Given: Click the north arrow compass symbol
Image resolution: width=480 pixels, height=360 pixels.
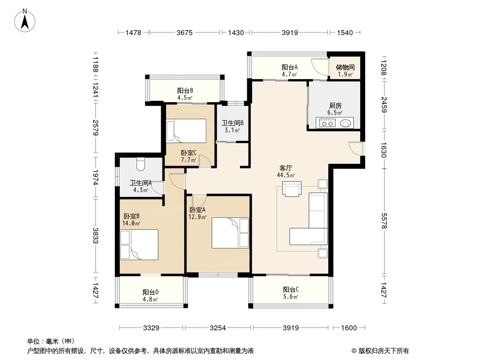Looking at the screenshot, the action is pyautogui.click(x=25, y=20).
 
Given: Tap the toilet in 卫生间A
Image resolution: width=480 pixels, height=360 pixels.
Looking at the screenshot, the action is pyautogui.click(x=140, y=164).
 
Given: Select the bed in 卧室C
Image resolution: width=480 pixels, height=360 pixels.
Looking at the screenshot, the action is pyautogui.click(x=186, y=131).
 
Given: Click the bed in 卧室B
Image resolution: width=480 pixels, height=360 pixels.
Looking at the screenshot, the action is pyautogui.click(x=139, y=245).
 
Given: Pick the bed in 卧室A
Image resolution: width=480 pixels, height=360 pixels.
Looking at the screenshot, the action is pyautogui.click(x=230, y=233).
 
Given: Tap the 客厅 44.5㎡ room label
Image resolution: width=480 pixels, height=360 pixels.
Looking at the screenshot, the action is pyautogui.click(x=286, y=171).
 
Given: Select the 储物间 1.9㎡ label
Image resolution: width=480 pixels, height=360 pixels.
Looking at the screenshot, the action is pyautogui.click(x=345, y=71).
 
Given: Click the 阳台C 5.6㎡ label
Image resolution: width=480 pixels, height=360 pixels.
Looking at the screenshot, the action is pyautogui.click(x=290, y=293).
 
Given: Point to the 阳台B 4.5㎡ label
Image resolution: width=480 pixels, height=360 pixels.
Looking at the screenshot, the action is pyautogui.click(x=185, y=94).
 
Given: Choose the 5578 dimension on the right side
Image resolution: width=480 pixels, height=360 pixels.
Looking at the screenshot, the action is pyautogui.click(x=384, y=221).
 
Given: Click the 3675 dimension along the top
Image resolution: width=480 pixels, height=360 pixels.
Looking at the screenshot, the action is pyautogui.click(x=185, y=32).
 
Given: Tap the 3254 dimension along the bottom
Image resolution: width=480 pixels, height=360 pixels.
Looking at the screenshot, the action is pyautogui.click(x=217, y=328).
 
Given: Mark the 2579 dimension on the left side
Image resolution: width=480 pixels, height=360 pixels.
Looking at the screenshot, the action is pyautogui.click(x=95, y=128).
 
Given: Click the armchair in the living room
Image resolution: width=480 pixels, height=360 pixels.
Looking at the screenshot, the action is pyautogui.click(x=292, y=189).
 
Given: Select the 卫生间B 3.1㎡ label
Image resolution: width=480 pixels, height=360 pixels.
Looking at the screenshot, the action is pyautogui.click(x=232, y=126).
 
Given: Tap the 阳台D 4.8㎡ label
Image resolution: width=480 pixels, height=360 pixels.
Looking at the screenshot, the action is pyautogui.click(x=150, y=296).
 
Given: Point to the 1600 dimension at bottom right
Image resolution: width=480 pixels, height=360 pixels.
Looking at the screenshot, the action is pyautogui.click(x=349, y=328).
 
